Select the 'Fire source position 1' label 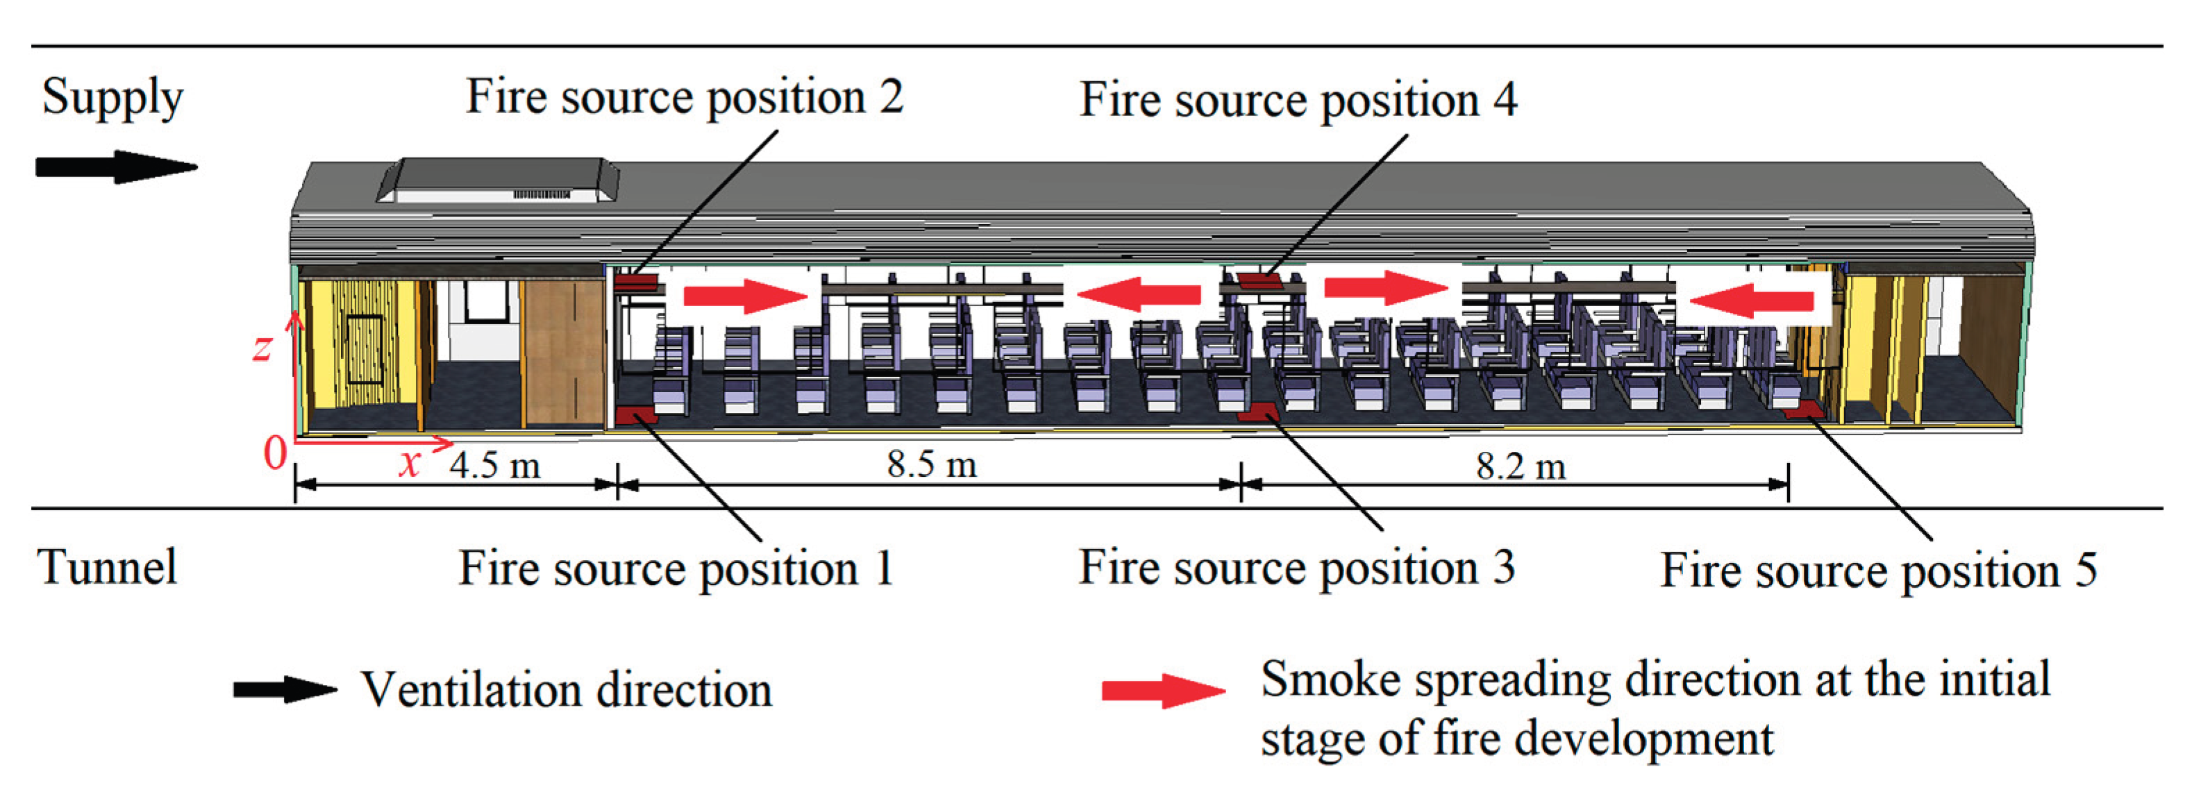click(676, 567)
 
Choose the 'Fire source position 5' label click(1878, 570)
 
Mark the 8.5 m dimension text click(931, 464)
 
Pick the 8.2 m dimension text click(1520, 466)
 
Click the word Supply click(112, 96)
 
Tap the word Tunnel click(108, 566)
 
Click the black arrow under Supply click(115, 167)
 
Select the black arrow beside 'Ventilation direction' click(285, 689)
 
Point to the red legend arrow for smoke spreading click(1163, 691)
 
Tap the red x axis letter click(410, 464)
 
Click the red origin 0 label click(275, 453)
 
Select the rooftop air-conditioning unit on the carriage click(499, 180)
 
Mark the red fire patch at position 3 click(1257, 412)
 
